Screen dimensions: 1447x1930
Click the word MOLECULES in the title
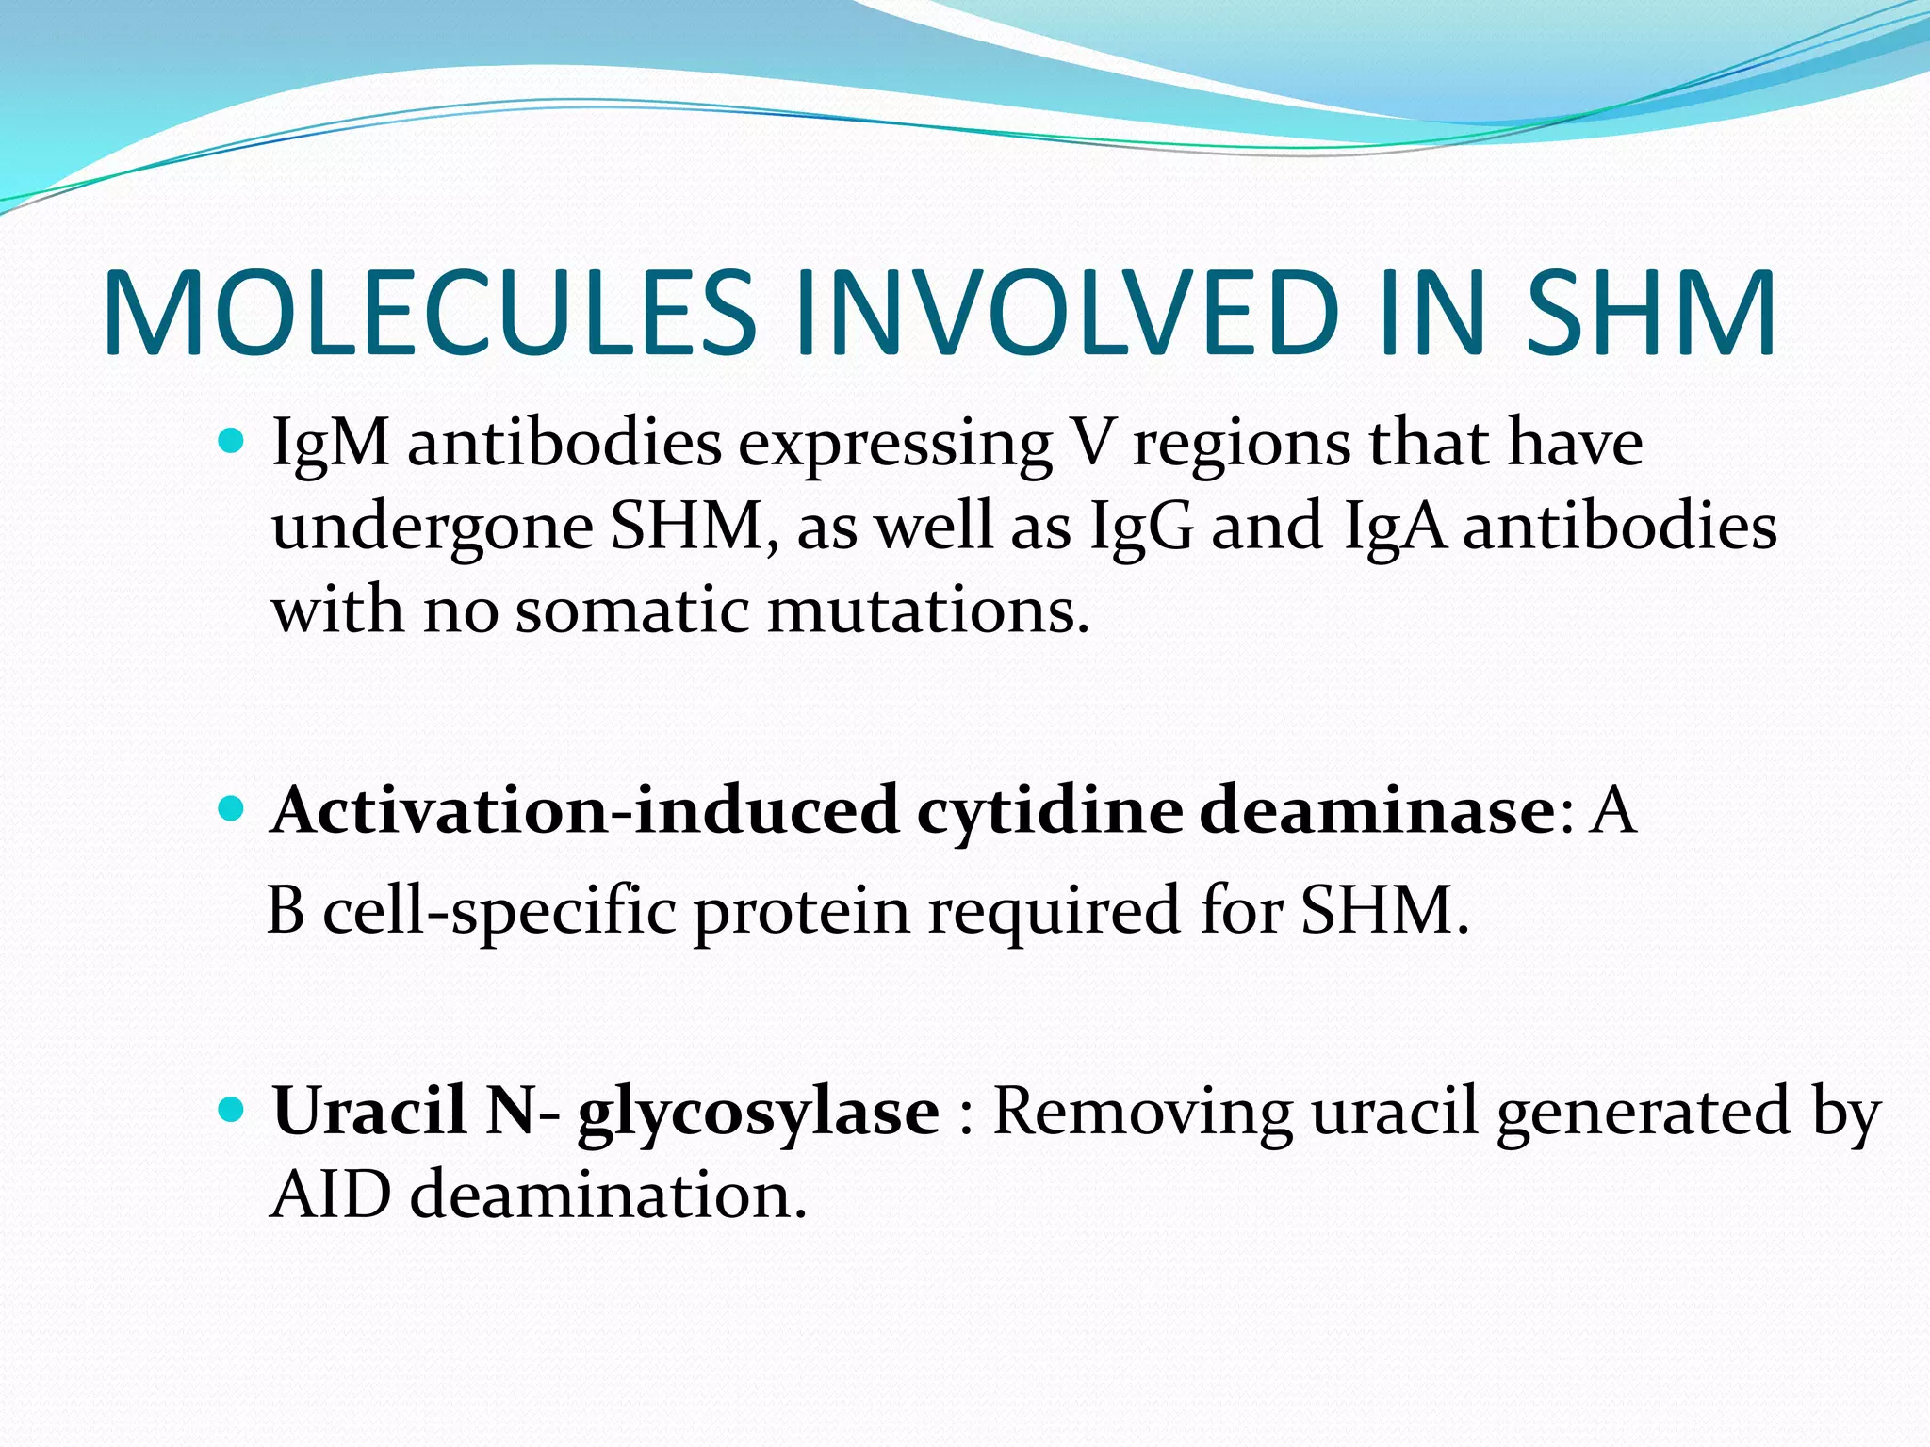(429, 314)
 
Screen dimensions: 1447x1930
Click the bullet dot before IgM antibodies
(230, 440)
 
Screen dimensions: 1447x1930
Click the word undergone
(432, 528)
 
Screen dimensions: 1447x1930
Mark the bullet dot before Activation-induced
(230, 808)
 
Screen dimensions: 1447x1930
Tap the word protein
(801, 912)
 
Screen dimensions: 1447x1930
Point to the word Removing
(1142, 1112)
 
